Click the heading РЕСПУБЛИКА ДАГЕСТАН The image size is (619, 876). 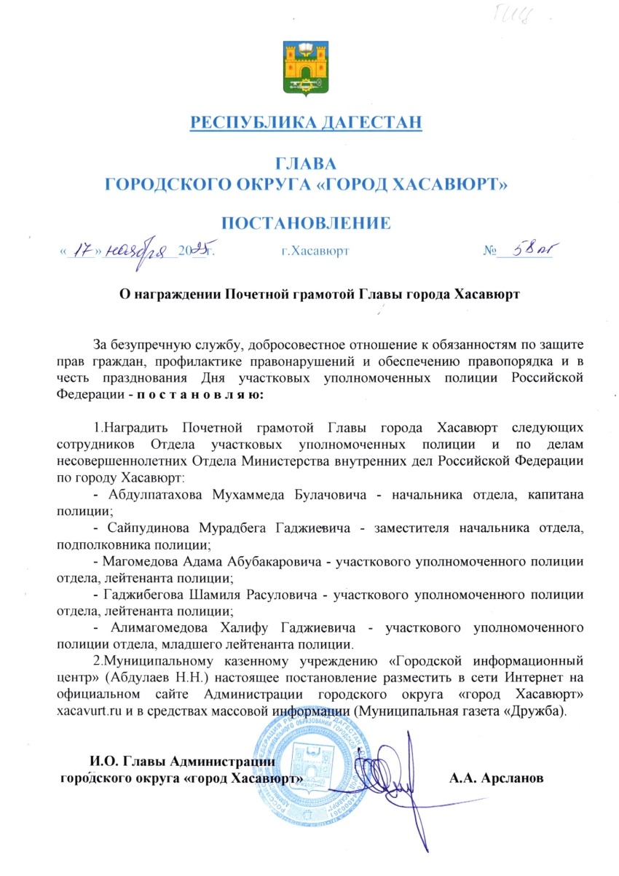(307, 122)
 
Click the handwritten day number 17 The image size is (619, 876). (85, 251)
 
